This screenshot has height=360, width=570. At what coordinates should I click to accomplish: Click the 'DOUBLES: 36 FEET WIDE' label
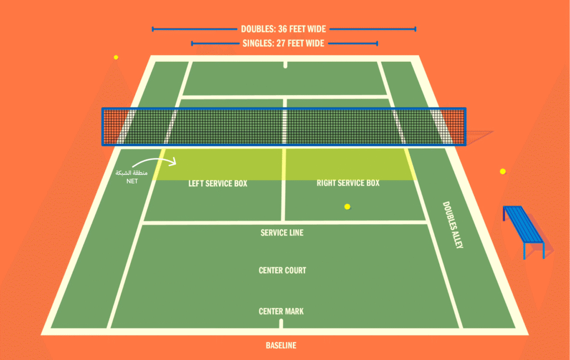[x=283, y=29]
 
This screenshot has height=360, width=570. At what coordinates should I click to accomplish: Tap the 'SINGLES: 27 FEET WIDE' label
[x=283, y=43]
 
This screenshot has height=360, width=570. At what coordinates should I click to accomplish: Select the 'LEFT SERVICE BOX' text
[x=217, y=183]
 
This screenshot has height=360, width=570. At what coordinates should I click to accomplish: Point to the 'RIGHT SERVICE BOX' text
[x=348, y=183]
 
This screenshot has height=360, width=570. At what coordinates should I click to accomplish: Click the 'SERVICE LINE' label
[x=282, y=233]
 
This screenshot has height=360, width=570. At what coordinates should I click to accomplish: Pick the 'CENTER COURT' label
[x=282, y=270]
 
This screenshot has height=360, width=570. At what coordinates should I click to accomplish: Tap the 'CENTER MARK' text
[x=281, y=311]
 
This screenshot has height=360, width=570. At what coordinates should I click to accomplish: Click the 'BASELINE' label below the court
[x=281, y=346]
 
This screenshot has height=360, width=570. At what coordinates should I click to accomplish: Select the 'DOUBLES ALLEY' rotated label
[x=452, y=225]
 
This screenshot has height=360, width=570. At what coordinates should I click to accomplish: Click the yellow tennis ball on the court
[x=347, y=206]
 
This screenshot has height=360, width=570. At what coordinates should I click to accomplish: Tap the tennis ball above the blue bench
[x=503, y=171]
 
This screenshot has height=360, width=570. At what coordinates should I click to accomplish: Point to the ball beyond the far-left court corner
[x=116, y=57]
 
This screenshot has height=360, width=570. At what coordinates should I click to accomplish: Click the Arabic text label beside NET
[x=131, y=173]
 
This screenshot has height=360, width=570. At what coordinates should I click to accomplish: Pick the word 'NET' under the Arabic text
[x=131, y=181]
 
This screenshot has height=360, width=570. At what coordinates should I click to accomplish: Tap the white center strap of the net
[x=284, y=127]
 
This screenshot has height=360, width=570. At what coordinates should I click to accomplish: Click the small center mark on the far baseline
[x=285, y=65]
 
